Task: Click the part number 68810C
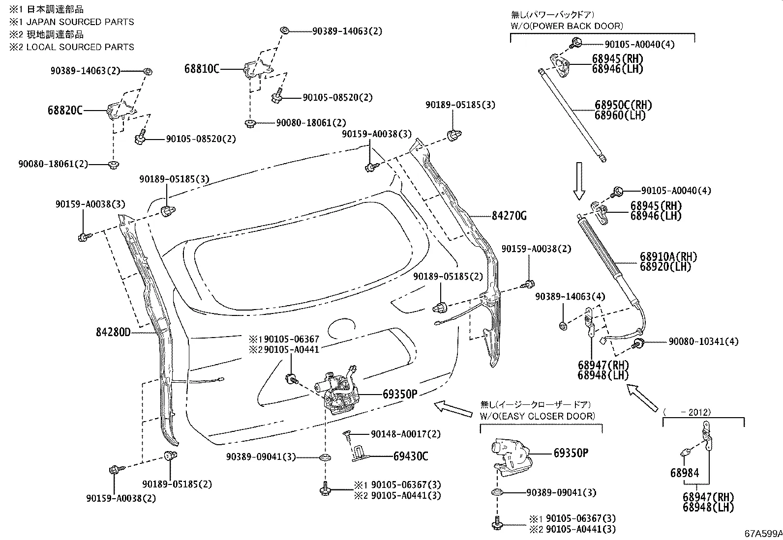pos(202,69)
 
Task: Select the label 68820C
pos(65,111)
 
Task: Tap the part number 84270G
pos(509,216)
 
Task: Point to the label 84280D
pos(113,333)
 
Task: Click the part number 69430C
pos(411,456)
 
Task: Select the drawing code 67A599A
pos(762,534)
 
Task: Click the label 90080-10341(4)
pos(703,341)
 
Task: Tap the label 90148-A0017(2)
pos(406,434)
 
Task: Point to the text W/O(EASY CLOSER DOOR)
pos(538,416)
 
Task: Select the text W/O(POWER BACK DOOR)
pos(567,26)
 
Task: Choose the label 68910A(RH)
pos(668,256)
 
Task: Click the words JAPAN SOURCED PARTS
pos(80,22)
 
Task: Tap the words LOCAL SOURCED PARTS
pos(80,47)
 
